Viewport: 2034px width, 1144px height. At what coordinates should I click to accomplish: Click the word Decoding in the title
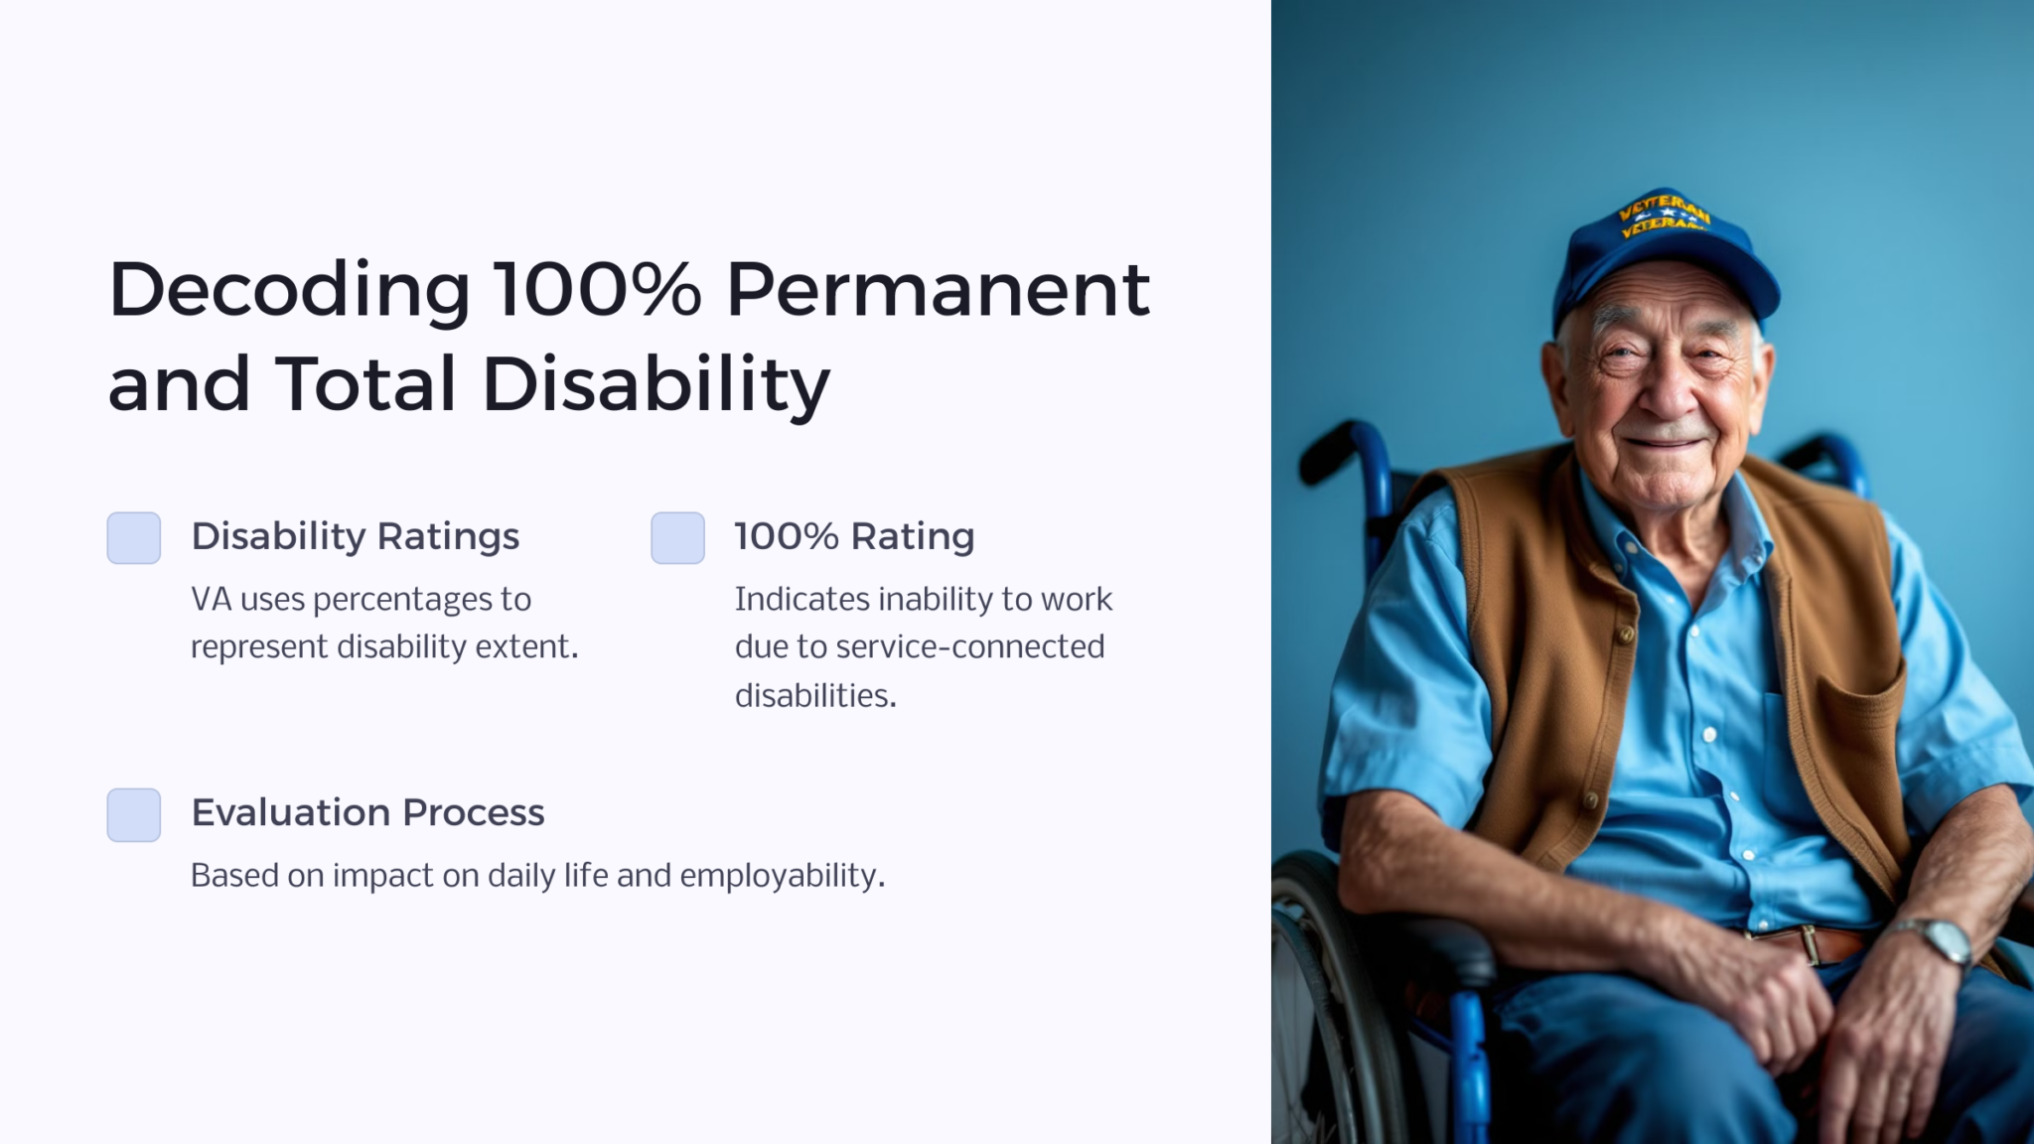[x=288, y=290]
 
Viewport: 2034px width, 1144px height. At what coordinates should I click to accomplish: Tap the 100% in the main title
[x=597, y=290]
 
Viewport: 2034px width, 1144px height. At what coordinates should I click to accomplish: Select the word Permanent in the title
[x=938, y=290]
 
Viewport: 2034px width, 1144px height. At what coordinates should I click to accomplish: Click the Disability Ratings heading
[x=355, y=536]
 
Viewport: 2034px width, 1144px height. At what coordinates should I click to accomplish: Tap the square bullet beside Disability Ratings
[x=134, y=538]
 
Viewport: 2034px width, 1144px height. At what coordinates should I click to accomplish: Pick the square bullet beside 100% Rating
[x=677, y=538]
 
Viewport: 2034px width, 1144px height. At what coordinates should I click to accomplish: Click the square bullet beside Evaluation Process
[x=134, y=814]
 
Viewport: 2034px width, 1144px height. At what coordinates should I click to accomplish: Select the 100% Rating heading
[x=854, y=536]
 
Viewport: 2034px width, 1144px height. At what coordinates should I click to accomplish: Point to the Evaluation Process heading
[x=367, y=812]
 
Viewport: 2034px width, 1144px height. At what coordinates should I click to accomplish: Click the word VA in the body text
[x=211, y=600]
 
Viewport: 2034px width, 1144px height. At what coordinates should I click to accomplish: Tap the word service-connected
[x=969, y=647]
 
